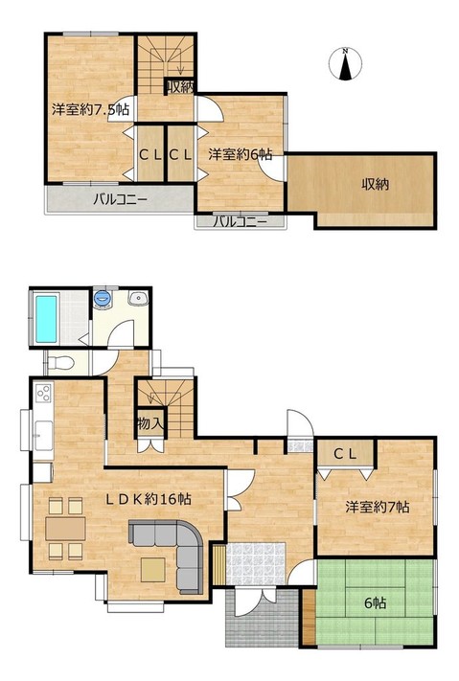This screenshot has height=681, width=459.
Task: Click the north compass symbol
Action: coord(345,64)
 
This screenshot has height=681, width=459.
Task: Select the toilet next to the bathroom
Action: coord(61,362)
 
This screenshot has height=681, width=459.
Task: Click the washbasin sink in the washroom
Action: coord(139,298)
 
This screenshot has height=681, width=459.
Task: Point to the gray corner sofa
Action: coord(173,551)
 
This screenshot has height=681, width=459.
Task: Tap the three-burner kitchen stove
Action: coord(44,394)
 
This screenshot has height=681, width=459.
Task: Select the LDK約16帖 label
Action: coord(149,499)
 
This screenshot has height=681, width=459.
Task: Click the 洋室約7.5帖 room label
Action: coord(90,109)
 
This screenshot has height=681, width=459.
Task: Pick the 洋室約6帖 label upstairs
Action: coord(240,154)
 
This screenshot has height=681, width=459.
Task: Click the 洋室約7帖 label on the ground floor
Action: coord(377,507)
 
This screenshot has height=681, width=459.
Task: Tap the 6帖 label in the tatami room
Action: coord(375,602)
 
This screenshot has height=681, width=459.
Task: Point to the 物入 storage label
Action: coord(149,423)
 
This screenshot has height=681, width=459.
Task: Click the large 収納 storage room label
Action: coord(375,184)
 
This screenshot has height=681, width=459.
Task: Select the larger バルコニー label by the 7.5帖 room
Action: coord(120,200)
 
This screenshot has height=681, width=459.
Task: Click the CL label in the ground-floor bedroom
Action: coord(345,454)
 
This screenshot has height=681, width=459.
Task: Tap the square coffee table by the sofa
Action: coord(152,570)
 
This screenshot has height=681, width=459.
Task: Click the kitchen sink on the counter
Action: coord(44,436)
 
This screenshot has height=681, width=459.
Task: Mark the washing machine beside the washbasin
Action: coord(103,299)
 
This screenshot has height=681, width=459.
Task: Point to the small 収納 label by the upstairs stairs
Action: coord(180,87)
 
